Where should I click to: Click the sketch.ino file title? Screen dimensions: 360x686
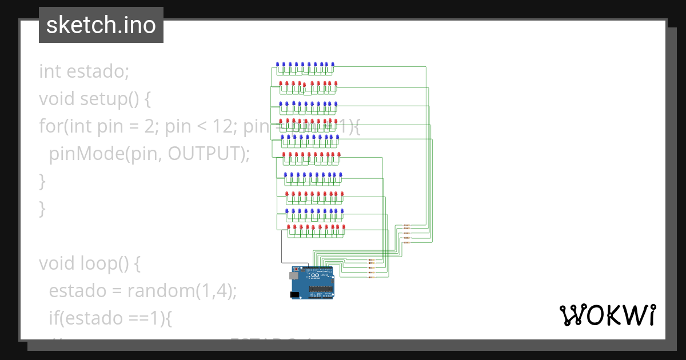pos(101,25)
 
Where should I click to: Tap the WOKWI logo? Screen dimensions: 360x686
pos(607,315)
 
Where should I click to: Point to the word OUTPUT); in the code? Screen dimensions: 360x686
pos(209,153)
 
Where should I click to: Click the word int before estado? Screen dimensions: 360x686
pos(50,71)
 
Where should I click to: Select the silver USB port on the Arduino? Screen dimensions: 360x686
pos(294,275)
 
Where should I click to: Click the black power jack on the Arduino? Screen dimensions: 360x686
pos(294,294)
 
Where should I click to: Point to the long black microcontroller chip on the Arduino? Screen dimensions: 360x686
pos(321,290)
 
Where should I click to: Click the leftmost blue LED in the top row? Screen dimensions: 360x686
pos(278,65)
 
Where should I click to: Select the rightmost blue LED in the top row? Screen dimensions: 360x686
pos(333,65)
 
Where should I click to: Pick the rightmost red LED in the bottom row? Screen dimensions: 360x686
pos(345,227)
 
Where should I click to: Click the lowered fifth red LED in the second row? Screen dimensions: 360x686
pos(305,86)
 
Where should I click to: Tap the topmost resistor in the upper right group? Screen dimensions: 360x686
pos(406,225)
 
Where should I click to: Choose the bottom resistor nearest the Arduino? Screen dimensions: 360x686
pos(371,277)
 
